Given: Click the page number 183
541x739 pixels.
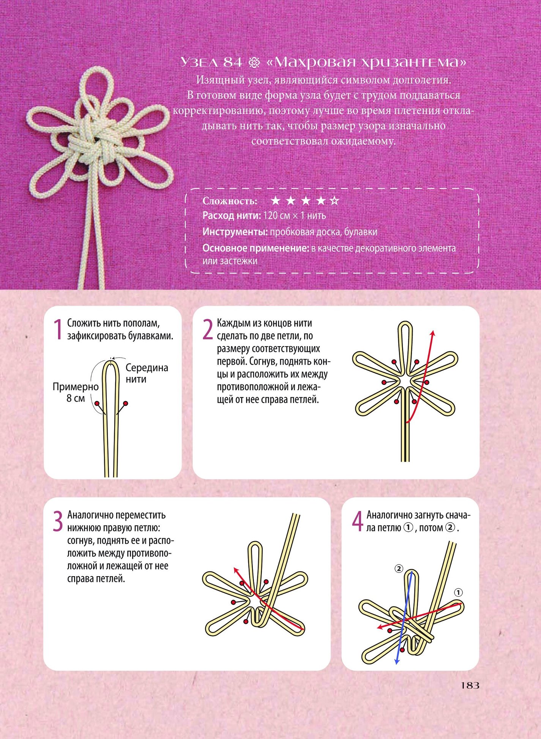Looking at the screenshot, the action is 470,685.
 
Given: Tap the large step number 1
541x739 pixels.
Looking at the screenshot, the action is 57,329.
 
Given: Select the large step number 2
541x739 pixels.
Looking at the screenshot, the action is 208,329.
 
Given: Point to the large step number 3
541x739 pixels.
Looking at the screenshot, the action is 57,522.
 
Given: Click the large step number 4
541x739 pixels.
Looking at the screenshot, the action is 358,522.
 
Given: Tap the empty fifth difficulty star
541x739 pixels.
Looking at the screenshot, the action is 334,200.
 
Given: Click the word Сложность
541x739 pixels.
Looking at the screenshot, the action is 230,201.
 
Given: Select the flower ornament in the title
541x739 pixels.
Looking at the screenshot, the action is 254,63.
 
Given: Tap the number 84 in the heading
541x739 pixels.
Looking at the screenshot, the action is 232,62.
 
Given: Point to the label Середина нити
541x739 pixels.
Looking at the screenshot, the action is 147,373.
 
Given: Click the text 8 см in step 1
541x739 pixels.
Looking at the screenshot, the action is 76,399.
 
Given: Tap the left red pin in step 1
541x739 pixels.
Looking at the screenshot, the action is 98,403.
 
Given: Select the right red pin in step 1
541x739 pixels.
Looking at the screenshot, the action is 126,403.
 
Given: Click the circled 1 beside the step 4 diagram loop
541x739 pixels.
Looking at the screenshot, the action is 458,592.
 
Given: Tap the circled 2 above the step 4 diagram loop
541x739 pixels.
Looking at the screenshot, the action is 399,569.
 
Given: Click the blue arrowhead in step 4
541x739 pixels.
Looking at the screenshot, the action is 396,662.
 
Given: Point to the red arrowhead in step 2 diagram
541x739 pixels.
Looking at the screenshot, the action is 432,334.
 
